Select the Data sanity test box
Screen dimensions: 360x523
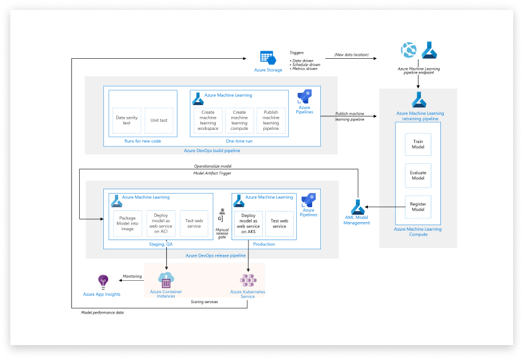(122, 120)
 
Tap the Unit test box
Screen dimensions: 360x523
(159, 120)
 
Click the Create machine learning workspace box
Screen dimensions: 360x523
(208, 120)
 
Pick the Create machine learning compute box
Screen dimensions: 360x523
(239, 120)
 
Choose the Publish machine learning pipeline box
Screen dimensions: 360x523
(271, 120)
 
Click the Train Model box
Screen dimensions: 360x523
(418, 144)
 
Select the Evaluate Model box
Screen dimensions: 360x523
(418, 175)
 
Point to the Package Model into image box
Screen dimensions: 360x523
(127, 223)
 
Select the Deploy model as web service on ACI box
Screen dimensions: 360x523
(161, 223)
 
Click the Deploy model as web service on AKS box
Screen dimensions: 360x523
(248, 223)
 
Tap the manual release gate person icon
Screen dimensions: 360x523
(222, 212)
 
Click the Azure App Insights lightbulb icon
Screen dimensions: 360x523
(103, 281)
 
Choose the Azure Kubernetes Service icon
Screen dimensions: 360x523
(248, 280)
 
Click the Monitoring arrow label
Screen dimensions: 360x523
(132, 276)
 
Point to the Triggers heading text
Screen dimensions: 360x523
(297, 53)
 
